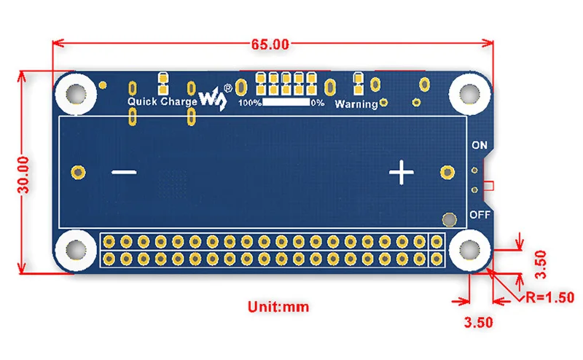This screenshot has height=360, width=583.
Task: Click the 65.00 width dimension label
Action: tap(270, 44)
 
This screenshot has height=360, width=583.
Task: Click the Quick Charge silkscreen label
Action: tap(162, 102)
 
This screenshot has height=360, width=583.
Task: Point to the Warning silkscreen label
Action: tap(356, 104)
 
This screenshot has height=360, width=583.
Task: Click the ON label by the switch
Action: tap(479, 145)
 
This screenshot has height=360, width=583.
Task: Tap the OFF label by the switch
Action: tap(479, 214)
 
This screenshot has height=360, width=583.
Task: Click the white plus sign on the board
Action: tap(401, 173)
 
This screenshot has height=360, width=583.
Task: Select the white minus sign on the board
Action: tap(125, 173)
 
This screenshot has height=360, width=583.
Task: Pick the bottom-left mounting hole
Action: tap(75, 250)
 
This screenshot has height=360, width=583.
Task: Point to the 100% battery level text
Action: tap(250, 103)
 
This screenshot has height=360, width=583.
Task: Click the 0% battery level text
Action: tap(318, 103)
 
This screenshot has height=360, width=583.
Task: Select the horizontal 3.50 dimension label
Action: tap(479, 321)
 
